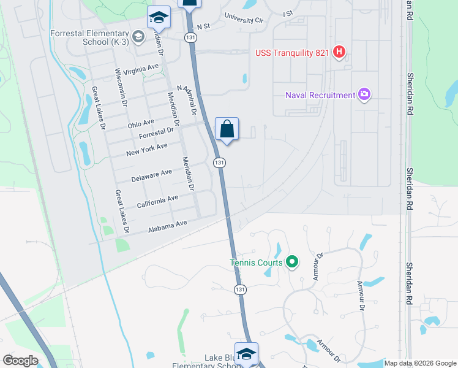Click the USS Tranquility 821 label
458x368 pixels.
[293, 53]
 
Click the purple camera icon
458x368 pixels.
[364, 94]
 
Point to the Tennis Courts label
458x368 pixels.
[256, 263]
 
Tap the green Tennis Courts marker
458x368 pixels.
[292, 263]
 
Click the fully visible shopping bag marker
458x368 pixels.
[226, 129]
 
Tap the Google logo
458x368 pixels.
[21, 361]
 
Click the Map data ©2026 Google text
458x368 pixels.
[419, 363]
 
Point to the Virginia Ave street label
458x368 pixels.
[141, 70]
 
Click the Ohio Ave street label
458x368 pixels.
[141, 124]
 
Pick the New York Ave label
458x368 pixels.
[146, 149]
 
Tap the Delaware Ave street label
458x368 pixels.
[151, 177]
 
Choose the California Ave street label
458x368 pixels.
[157, 201]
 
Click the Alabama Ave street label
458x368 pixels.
[167, 227]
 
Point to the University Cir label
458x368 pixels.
[244, 18]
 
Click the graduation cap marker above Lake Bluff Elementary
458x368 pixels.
[246, 354]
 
